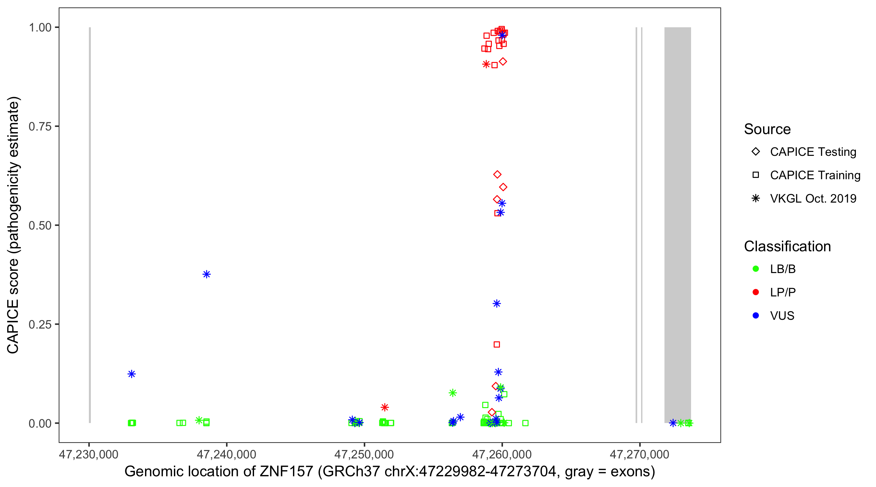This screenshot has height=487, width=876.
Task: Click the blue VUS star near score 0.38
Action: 206,274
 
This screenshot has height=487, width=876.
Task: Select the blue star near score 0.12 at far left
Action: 132,374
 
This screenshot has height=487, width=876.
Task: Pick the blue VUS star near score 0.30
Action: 496,304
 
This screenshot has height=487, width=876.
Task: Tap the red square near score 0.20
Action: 496,344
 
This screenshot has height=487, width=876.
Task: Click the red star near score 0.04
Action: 384,407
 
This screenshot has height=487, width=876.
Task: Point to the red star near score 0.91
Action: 486,64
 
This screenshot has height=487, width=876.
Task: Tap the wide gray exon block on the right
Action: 677,225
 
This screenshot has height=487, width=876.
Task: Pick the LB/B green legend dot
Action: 756,269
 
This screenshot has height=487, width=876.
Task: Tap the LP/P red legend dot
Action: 756,292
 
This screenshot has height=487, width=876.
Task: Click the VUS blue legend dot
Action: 756,316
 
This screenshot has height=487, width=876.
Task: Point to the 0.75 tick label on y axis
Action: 40,127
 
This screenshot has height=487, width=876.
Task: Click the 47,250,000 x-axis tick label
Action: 364,454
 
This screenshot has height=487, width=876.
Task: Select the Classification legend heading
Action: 787,246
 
